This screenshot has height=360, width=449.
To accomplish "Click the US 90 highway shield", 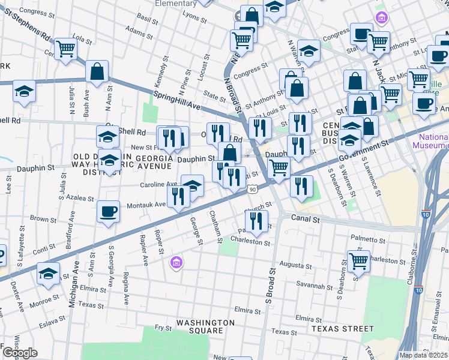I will click(x=253, y=190).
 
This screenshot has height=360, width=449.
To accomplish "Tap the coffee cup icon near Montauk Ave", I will click(x=108, y=211).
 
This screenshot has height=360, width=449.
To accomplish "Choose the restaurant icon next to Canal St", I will click(x=256, y=220).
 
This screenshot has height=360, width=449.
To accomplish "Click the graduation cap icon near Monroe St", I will click(x=48, y=273).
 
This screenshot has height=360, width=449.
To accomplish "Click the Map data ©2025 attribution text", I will click(x=424, y=355).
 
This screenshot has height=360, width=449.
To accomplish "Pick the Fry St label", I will click(x=163, y=328).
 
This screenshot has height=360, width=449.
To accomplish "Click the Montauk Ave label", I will click(x=146, y=205).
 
